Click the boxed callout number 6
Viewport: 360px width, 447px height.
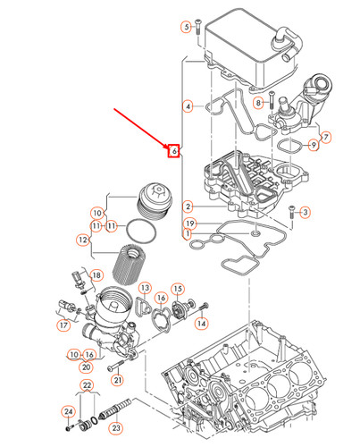175,151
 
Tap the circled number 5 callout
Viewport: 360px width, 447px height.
187,28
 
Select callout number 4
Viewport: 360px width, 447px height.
188,107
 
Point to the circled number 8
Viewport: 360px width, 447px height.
257,104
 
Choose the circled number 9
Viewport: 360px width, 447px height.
314,145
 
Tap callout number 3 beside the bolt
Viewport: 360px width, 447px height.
305,212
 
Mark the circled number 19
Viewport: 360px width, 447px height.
189,223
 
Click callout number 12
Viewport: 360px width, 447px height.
82,240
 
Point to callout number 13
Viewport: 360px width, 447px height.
143,287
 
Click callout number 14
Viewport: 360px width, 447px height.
201,322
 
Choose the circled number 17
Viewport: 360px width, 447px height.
64,326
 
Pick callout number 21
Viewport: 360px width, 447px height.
117,380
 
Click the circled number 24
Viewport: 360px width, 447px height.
67,412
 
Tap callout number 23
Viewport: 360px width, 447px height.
115,427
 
